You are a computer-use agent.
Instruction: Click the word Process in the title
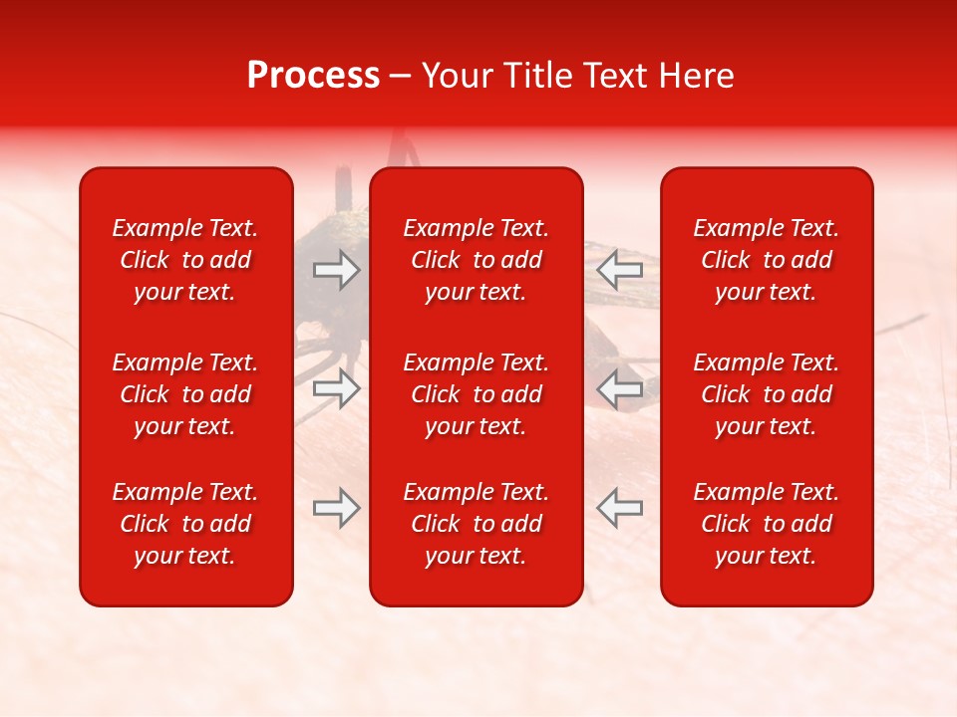click(313, 76)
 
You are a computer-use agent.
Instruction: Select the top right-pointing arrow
click(336, 270)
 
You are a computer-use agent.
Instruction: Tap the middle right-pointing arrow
click(336, 388)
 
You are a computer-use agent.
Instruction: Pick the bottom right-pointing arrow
click(336, 508)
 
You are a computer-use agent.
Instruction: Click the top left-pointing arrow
click(620, 270)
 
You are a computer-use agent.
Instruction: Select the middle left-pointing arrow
click(620, 388)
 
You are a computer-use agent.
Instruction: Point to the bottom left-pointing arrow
click(620, 508)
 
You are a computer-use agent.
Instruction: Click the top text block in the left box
click(185, 260)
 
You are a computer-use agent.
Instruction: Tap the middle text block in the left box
click(185, 394)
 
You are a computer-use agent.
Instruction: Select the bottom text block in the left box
click(185, 524)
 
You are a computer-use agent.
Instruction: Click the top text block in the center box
click(477, 260)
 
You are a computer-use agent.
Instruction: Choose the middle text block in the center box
click(477, 394)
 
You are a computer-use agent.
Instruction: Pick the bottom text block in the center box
click(477, 524)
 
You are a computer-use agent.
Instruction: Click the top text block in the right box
click(767, 260)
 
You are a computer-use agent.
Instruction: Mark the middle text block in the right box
click(767, 394)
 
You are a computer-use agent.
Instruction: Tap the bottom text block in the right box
click(767, 524)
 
